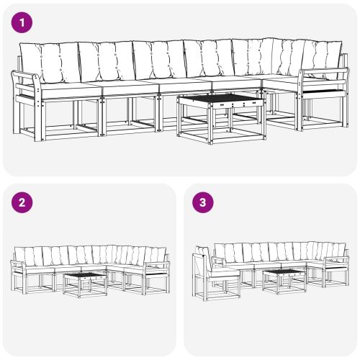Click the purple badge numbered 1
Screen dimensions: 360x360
point(24,24)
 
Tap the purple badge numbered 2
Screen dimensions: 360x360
point(24,202)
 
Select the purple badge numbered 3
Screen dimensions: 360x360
point(204,202)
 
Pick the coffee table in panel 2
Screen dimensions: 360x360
point(86,282)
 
